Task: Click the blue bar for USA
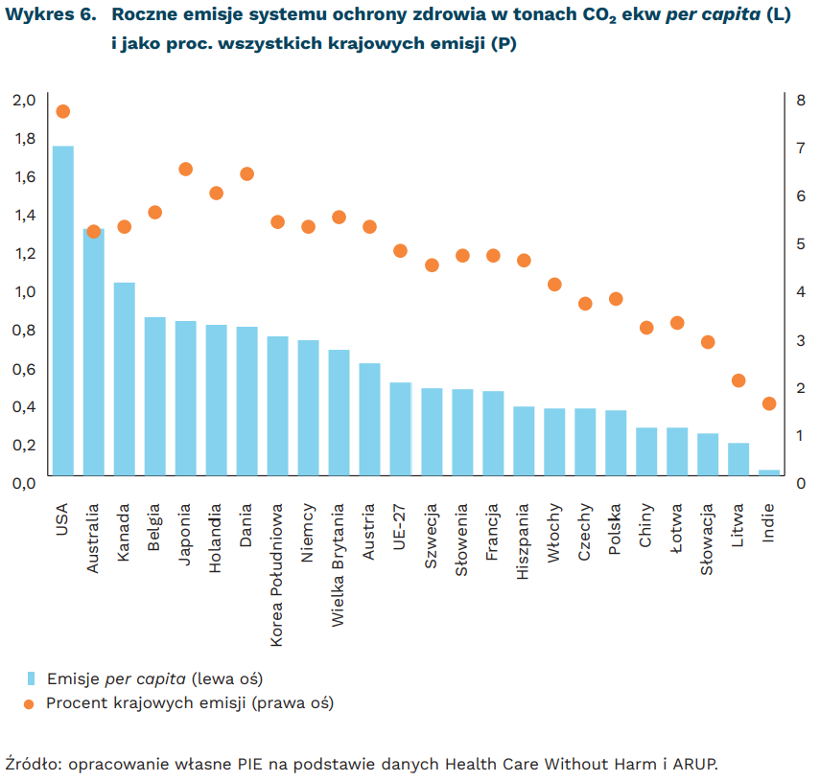[63, 310]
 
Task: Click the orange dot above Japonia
[186, 170]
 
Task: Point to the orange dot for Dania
[247, 174]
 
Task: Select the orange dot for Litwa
[738, 380]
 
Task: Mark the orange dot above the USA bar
[63, 111]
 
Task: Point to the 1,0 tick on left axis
[23, 291]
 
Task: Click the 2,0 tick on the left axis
[23, 100]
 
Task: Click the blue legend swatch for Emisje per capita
[31, 678]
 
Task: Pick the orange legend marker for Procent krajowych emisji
[30, 703]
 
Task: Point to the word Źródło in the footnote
[32, 764]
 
